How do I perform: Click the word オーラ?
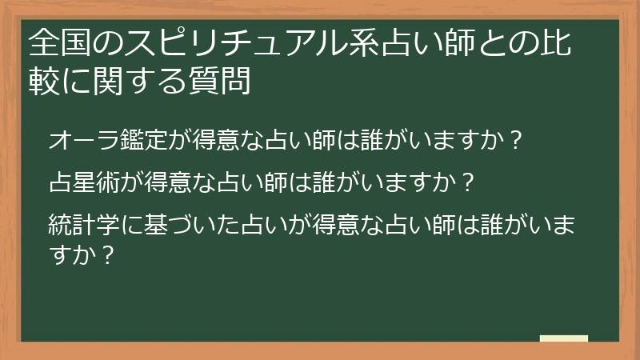[85, 142]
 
